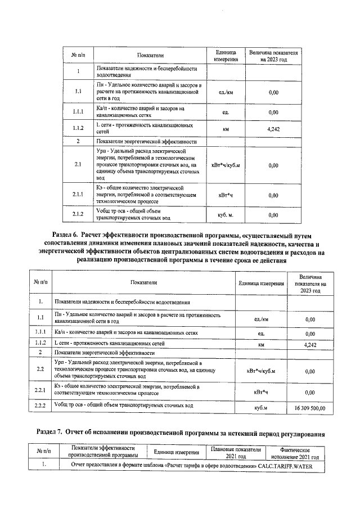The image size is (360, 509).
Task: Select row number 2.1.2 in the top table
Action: (78, 214)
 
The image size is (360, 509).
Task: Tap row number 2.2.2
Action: (40, 406)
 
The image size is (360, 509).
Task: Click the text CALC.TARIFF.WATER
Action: (287, 466)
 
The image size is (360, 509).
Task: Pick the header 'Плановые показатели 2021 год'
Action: (236, 453)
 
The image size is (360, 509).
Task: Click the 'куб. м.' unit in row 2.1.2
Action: (226, 215)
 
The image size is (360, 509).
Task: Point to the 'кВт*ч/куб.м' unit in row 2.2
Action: (259, 371)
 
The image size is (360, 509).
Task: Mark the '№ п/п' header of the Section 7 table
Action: (43, 453)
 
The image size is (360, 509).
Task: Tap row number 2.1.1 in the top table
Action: (78, 195)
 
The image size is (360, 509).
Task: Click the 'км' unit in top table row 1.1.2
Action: (226, 129)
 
